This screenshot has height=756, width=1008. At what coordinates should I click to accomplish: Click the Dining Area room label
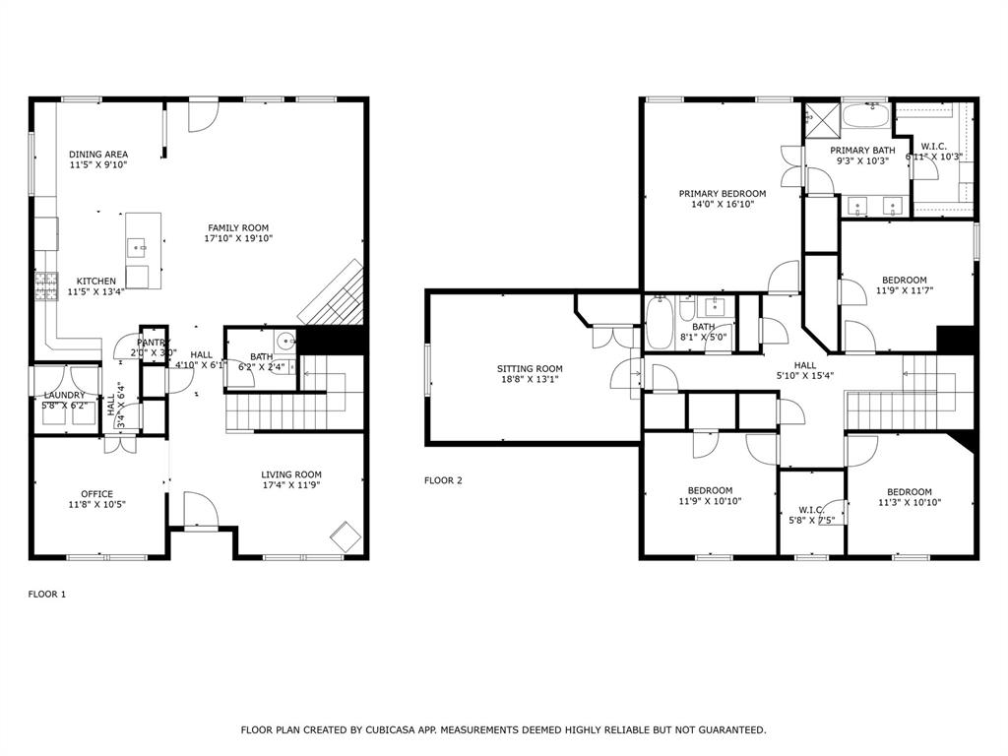pos(98,155)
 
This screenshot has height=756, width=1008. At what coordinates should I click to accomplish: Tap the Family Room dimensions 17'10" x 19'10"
pos(238,239)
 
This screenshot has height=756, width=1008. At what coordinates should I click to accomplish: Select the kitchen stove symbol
pos(45,286)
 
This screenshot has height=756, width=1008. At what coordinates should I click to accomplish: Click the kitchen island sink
pos(137,243)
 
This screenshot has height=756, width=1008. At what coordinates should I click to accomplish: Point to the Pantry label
pos(154,342)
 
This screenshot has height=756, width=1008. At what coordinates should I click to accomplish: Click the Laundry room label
pos(64,395)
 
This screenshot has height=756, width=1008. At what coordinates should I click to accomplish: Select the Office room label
pos(96,494)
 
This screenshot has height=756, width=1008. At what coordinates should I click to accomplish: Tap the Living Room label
pos(291,473)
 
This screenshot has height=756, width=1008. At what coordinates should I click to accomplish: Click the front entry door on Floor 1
pos(200,511)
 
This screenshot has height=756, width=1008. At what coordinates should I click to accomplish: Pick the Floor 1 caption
pos(46,595)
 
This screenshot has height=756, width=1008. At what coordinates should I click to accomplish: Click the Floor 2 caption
pos(443,480)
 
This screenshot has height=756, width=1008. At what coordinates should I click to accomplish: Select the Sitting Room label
pos(530,369)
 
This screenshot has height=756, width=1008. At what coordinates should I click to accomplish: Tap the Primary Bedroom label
pos(723,194)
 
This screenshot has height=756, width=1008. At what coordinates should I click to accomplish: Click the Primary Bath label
pos(862,151)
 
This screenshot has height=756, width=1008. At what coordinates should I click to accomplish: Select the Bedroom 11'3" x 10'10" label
pos(909,492)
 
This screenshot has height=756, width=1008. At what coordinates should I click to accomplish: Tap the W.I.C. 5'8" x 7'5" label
pos(811,510)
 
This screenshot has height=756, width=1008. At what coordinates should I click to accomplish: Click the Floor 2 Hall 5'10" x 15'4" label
pos(805,365)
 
